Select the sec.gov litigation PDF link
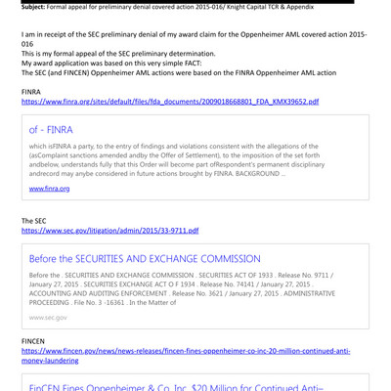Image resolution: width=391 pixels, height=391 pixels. tap(109, 231)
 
